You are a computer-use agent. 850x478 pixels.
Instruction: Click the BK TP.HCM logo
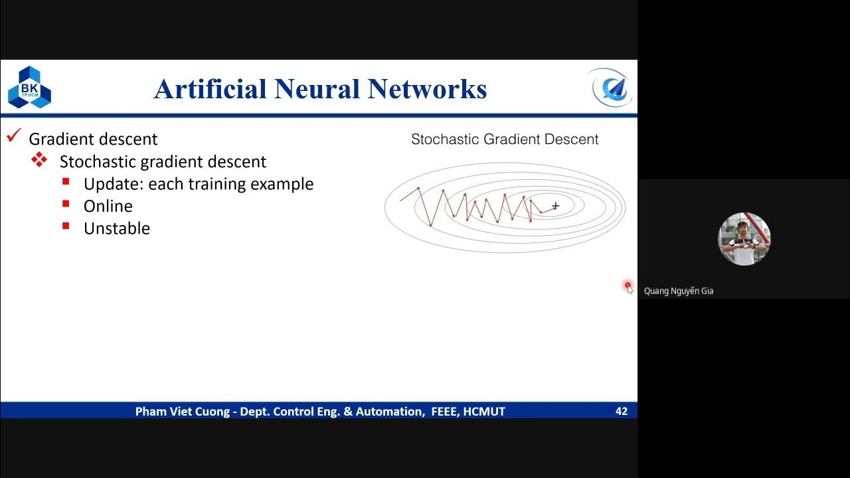(x=29, y=88)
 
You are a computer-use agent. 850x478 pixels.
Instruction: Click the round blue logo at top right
(x=610, y=88)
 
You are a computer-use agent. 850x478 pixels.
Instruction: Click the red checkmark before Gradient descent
(x=13, y=136)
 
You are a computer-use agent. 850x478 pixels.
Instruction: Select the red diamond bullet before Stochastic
(x=40, y=160)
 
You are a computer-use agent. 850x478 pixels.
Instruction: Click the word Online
(x=108, y=206)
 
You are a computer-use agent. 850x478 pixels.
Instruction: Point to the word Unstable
(x=116, y=228)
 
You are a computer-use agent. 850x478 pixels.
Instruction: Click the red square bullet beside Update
(x=66, y=182)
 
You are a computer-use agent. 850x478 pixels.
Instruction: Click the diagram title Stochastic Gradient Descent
(x=505, y=139)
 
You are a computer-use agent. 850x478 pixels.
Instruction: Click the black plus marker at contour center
(x=555, y=206)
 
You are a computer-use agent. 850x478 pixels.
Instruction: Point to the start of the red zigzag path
(x=400, y=200)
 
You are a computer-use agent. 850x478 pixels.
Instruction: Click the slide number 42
(x=621, y=412)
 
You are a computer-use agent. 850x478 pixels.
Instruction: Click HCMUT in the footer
(x=484, y=412)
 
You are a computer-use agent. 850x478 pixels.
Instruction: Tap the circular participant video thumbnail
(x=744, y=239)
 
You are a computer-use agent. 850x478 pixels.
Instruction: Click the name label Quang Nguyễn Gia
(x=679, y=291)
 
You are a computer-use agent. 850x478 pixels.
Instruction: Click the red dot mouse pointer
(x=628, y=285)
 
